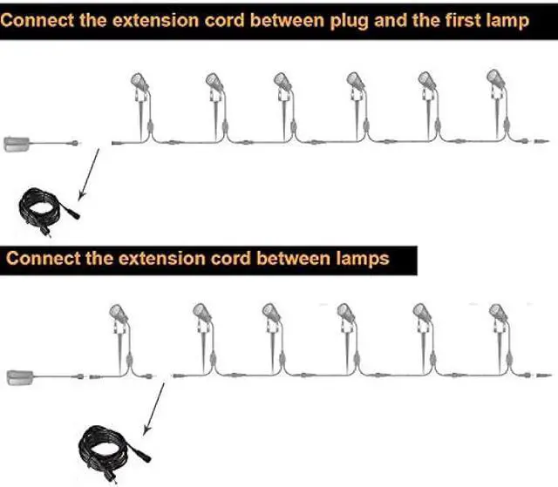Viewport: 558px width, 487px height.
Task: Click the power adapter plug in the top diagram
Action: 18,143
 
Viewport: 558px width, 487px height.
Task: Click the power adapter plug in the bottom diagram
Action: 22,377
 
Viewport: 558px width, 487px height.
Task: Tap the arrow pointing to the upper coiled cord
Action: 87,175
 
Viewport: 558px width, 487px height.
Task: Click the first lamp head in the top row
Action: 139,82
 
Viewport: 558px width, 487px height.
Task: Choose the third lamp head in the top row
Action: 282,82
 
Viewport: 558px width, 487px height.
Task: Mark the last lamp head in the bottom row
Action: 498,313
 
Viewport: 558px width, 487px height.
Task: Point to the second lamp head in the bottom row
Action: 201,313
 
